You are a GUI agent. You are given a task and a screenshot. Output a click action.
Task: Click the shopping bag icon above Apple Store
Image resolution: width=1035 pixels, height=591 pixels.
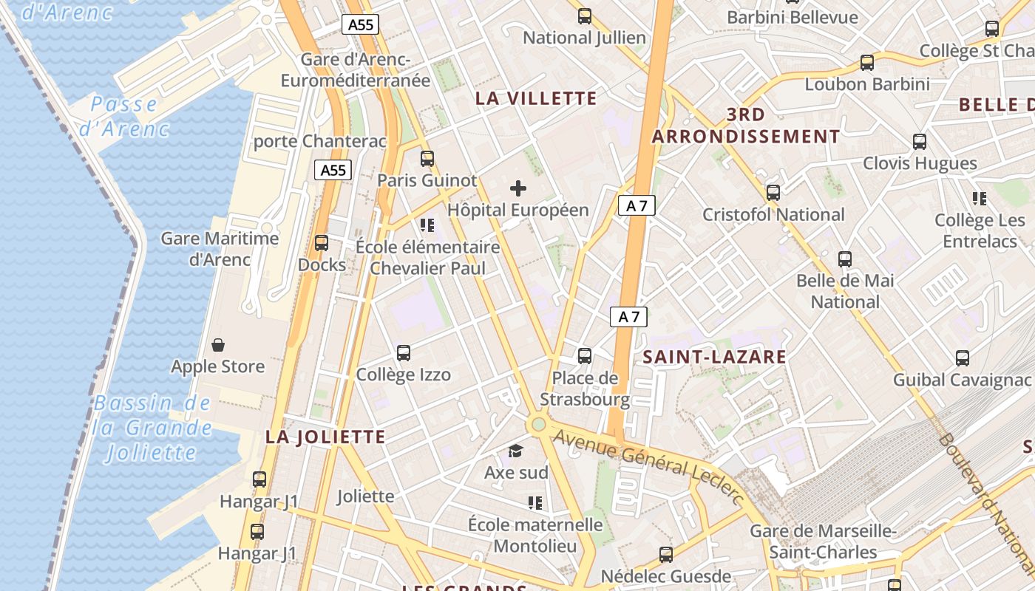click(218, 344)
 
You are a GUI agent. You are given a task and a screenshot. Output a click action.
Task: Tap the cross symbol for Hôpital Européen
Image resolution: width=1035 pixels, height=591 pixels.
click(518, 188)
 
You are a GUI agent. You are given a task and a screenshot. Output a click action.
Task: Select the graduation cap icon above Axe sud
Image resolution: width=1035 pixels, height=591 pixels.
click(515, 451)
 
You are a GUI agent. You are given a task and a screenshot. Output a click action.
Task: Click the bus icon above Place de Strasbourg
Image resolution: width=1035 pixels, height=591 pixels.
click(585, 356)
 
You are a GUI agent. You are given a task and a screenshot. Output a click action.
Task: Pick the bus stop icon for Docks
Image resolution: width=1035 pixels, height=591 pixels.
click(322, 243)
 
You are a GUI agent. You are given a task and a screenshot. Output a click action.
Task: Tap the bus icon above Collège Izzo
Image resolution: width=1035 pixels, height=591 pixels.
click(404, 353)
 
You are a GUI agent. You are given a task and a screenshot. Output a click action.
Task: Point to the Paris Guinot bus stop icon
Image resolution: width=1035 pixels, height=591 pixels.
click(427, 158)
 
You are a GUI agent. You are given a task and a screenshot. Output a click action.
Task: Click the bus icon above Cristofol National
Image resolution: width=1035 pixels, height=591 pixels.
click(773, 193)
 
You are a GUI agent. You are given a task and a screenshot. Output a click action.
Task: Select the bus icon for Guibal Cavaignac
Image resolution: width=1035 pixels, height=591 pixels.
click(963, 358)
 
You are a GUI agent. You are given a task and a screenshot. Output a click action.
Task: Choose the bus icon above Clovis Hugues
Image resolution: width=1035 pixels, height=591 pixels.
click(920, 142)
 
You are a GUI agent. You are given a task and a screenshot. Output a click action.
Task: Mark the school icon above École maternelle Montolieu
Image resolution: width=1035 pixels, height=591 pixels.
click(535, 503)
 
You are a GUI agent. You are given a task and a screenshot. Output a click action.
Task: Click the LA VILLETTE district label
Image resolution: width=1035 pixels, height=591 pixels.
click(536, 98)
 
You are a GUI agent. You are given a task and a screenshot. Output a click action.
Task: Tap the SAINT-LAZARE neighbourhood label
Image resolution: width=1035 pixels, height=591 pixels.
click(714, 357)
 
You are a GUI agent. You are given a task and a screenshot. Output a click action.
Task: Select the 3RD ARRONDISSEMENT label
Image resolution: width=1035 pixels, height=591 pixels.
click(745, 126)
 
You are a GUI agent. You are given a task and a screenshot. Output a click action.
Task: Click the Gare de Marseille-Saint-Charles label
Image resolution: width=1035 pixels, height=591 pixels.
click(823, 542)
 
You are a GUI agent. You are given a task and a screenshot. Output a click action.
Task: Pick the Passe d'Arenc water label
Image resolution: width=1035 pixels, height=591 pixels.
click(124, 116)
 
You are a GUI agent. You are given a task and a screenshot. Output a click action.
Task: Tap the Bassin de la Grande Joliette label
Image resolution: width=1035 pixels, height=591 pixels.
click(152, 428)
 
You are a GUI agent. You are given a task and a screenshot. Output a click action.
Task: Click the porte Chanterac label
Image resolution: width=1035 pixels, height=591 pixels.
click(320, 140)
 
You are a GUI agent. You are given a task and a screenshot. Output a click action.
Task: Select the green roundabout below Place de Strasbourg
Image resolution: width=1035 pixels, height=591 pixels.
click(539, 424)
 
